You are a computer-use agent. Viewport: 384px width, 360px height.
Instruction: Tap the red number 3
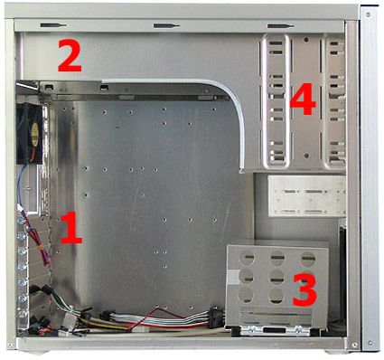(304, 289)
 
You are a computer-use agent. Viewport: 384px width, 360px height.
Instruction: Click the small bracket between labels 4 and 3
(307, 194)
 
